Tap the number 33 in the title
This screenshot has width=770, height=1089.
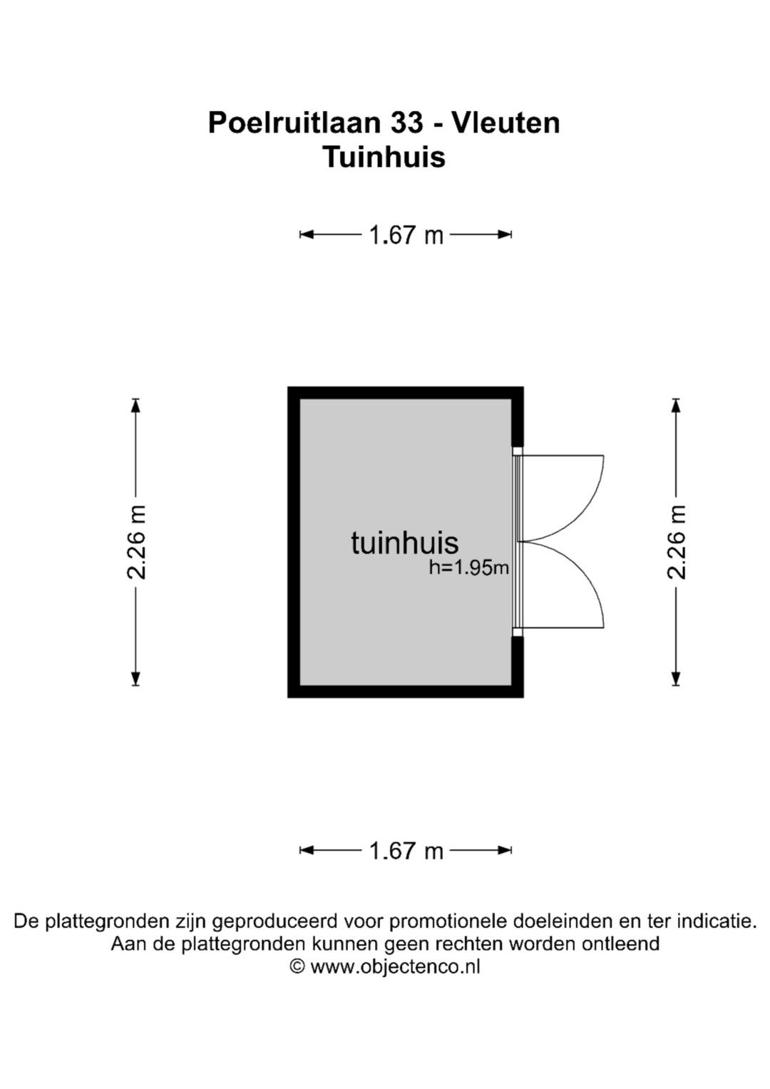pos(406,123)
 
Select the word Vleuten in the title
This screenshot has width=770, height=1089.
pos(506,123)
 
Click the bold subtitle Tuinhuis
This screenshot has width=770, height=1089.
pos(384,157)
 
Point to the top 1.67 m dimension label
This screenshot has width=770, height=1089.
pos(406,235)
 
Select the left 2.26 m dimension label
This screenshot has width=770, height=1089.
pos(136,542)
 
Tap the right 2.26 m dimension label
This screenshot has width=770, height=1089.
pos(676,542)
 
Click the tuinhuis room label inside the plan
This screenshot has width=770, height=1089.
pos(404,543)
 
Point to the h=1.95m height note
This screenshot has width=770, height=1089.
pos(468,568)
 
